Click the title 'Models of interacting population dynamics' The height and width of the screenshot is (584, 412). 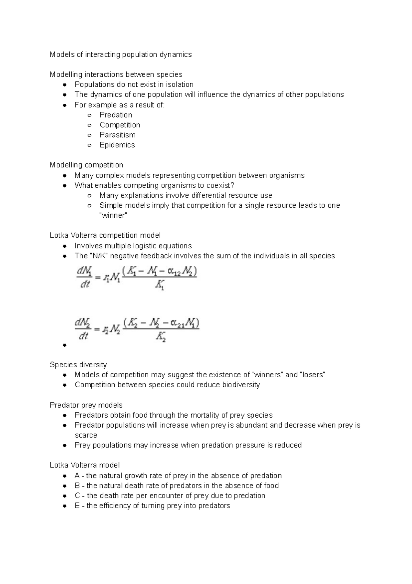[x=121, y=55]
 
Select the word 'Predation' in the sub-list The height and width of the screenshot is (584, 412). [x=116, y=115]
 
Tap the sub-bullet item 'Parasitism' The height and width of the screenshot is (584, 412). [x=117, y=135]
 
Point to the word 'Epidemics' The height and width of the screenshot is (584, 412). [x=117, y=145]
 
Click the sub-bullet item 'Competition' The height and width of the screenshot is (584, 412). [x=120, y=125]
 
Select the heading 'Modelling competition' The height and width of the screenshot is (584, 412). [x=86, y=165]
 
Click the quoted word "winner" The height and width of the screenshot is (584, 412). [x=113, y=216]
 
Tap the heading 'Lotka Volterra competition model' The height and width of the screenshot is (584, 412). [x=105, y=236]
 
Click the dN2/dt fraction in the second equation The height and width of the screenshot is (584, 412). [x=83, y=329]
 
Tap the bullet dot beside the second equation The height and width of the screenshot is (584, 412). [x=65, y=345]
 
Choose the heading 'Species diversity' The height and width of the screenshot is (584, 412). [x=78, y=365]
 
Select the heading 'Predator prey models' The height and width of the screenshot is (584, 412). [x=86, y=405]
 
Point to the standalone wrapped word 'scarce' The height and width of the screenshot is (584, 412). [x=86, y=435]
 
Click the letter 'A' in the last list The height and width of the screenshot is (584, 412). [x=77, y=476]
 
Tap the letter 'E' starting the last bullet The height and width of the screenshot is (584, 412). [x=77, y=506]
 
